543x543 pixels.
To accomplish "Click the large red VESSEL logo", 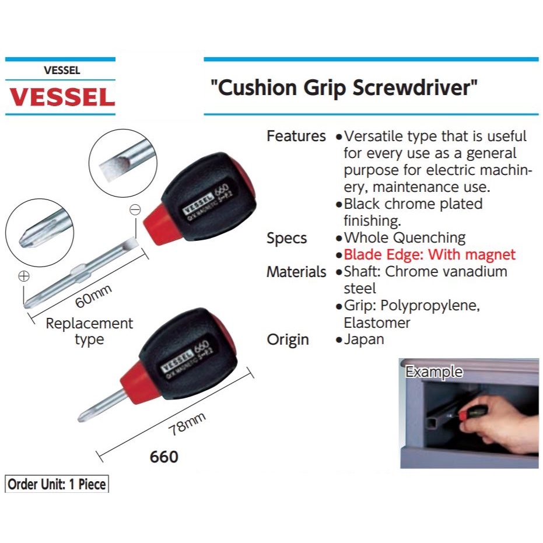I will tap(61, 97).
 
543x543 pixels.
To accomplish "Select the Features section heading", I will tap(296, 136).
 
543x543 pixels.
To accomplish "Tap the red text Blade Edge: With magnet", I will tap(430, 255).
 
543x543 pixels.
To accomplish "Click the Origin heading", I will tap(288, 340).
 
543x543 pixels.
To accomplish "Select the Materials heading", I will tap(296, 272).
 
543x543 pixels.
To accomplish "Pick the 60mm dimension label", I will tap(93, 296).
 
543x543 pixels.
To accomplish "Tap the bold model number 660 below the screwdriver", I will tap(164, 457).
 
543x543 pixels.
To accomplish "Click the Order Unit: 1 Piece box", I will tap(57, 484).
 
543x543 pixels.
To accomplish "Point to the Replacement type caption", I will tap(89, 331).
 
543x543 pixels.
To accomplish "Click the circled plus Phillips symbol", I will tap(24, 277).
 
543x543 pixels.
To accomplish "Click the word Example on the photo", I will tap(434, 372).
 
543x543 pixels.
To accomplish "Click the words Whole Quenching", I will tap(405, 238).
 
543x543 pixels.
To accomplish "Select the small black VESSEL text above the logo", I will tap(61, 71).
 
